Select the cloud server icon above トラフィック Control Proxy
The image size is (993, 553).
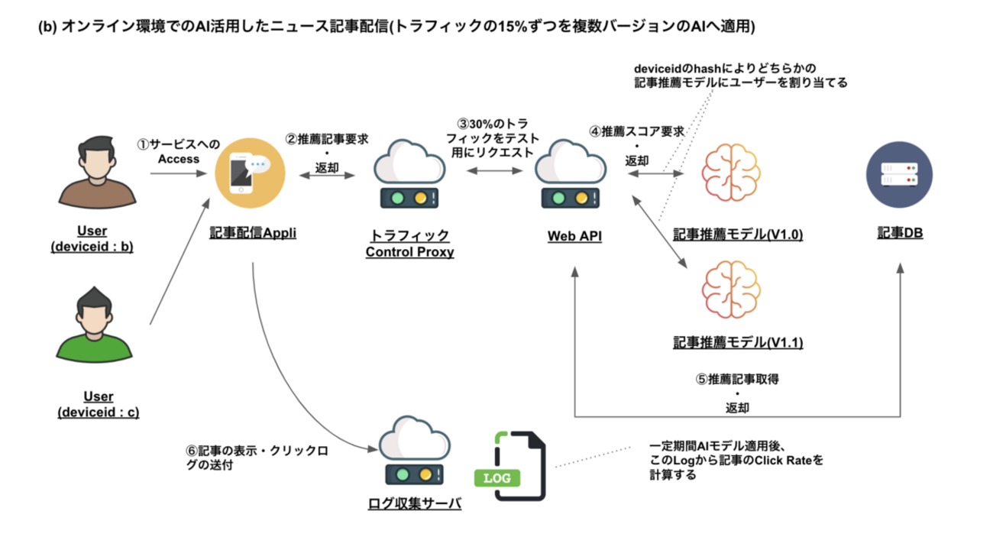tap(410, 174)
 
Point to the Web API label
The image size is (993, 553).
tap(574, 237)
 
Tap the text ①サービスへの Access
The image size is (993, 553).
tap(178, 150)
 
